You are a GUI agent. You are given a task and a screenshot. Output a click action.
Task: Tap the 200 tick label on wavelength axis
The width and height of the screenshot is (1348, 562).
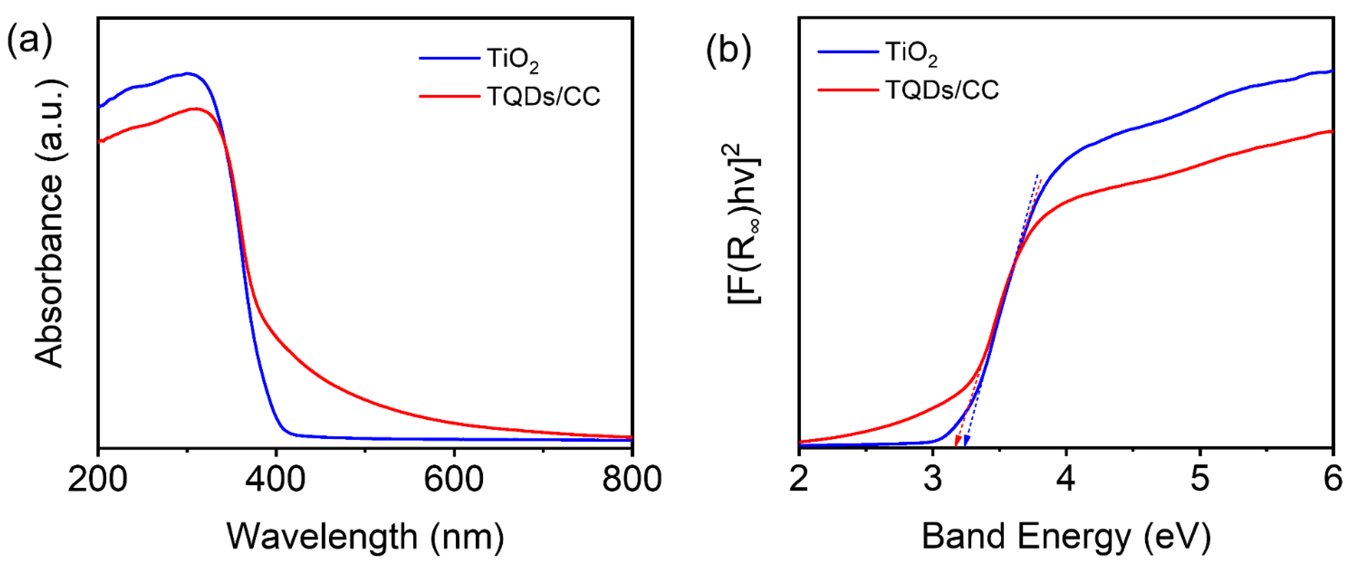click(98, 479)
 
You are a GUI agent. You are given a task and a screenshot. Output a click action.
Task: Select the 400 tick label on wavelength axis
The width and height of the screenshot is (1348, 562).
click(276, 479)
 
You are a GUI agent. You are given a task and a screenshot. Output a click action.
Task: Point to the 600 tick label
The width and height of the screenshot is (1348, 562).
click(454, 479)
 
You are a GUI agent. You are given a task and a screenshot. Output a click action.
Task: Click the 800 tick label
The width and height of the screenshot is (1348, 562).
click(632, 479)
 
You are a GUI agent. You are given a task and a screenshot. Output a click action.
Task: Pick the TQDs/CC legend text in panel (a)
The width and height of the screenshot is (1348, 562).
click(543, 96)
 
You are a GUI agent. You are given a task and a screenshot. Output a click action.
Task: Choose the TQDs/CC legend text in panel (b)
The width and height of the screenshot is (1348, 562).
click(942, 90)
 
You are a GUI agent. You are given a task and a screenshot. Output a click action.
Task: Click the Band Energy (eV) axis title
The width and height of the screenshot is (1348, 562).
click(1066, 536)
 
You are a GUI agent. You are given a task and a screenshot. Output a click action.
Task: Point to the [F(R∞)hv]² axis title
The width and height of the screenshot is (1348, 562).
click(743, 224)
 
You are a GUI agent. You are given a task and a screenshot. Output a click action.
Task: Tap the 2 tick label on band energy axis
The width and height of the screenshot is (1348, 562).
click(799, 479)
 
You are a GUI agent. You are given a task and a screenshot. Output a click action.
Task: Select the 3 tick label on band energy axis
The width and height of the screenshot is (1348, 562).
click(932, 479)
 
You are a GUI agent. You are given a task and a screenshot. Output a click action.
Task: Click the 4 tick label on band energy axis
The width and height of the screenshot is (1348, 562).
click(1066, 479)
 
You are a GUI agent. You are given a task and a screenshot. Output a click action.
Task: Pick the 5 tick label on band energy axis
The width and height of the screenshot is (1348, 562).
click(1199, 479)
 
